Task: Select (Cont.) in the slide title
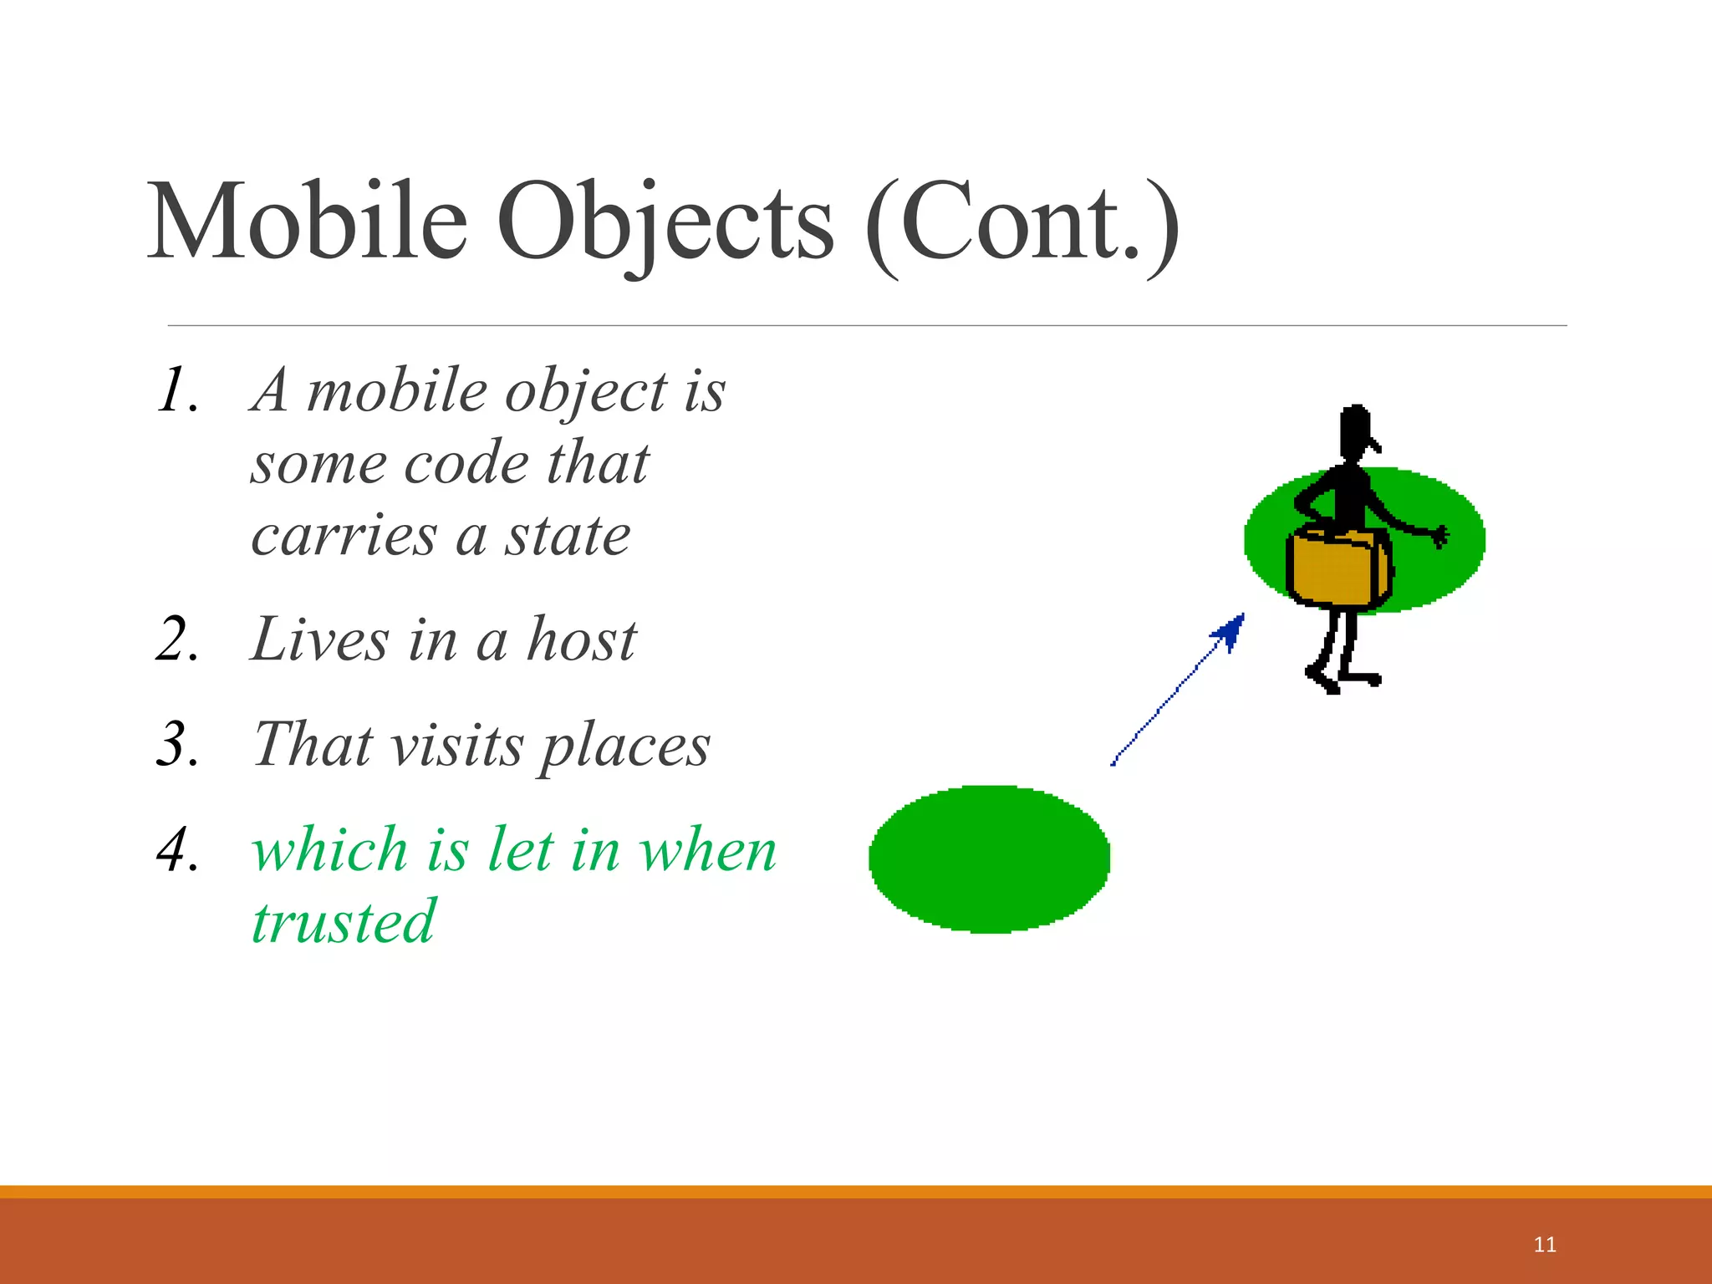coord(1022,224)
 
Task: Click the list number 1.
coord(177,391)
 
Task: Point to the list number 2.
coord(177,640)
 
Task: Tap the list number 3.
coord(177,745)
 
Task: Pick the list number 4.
coord(177,850)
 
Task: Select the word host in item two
coord(581,640)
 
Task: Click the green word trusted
coord(344,922)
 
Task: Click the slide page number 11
coord(1545,1245)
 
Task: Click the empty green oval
coord(989,859)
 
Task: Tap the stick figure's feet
coord(1342,677)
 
